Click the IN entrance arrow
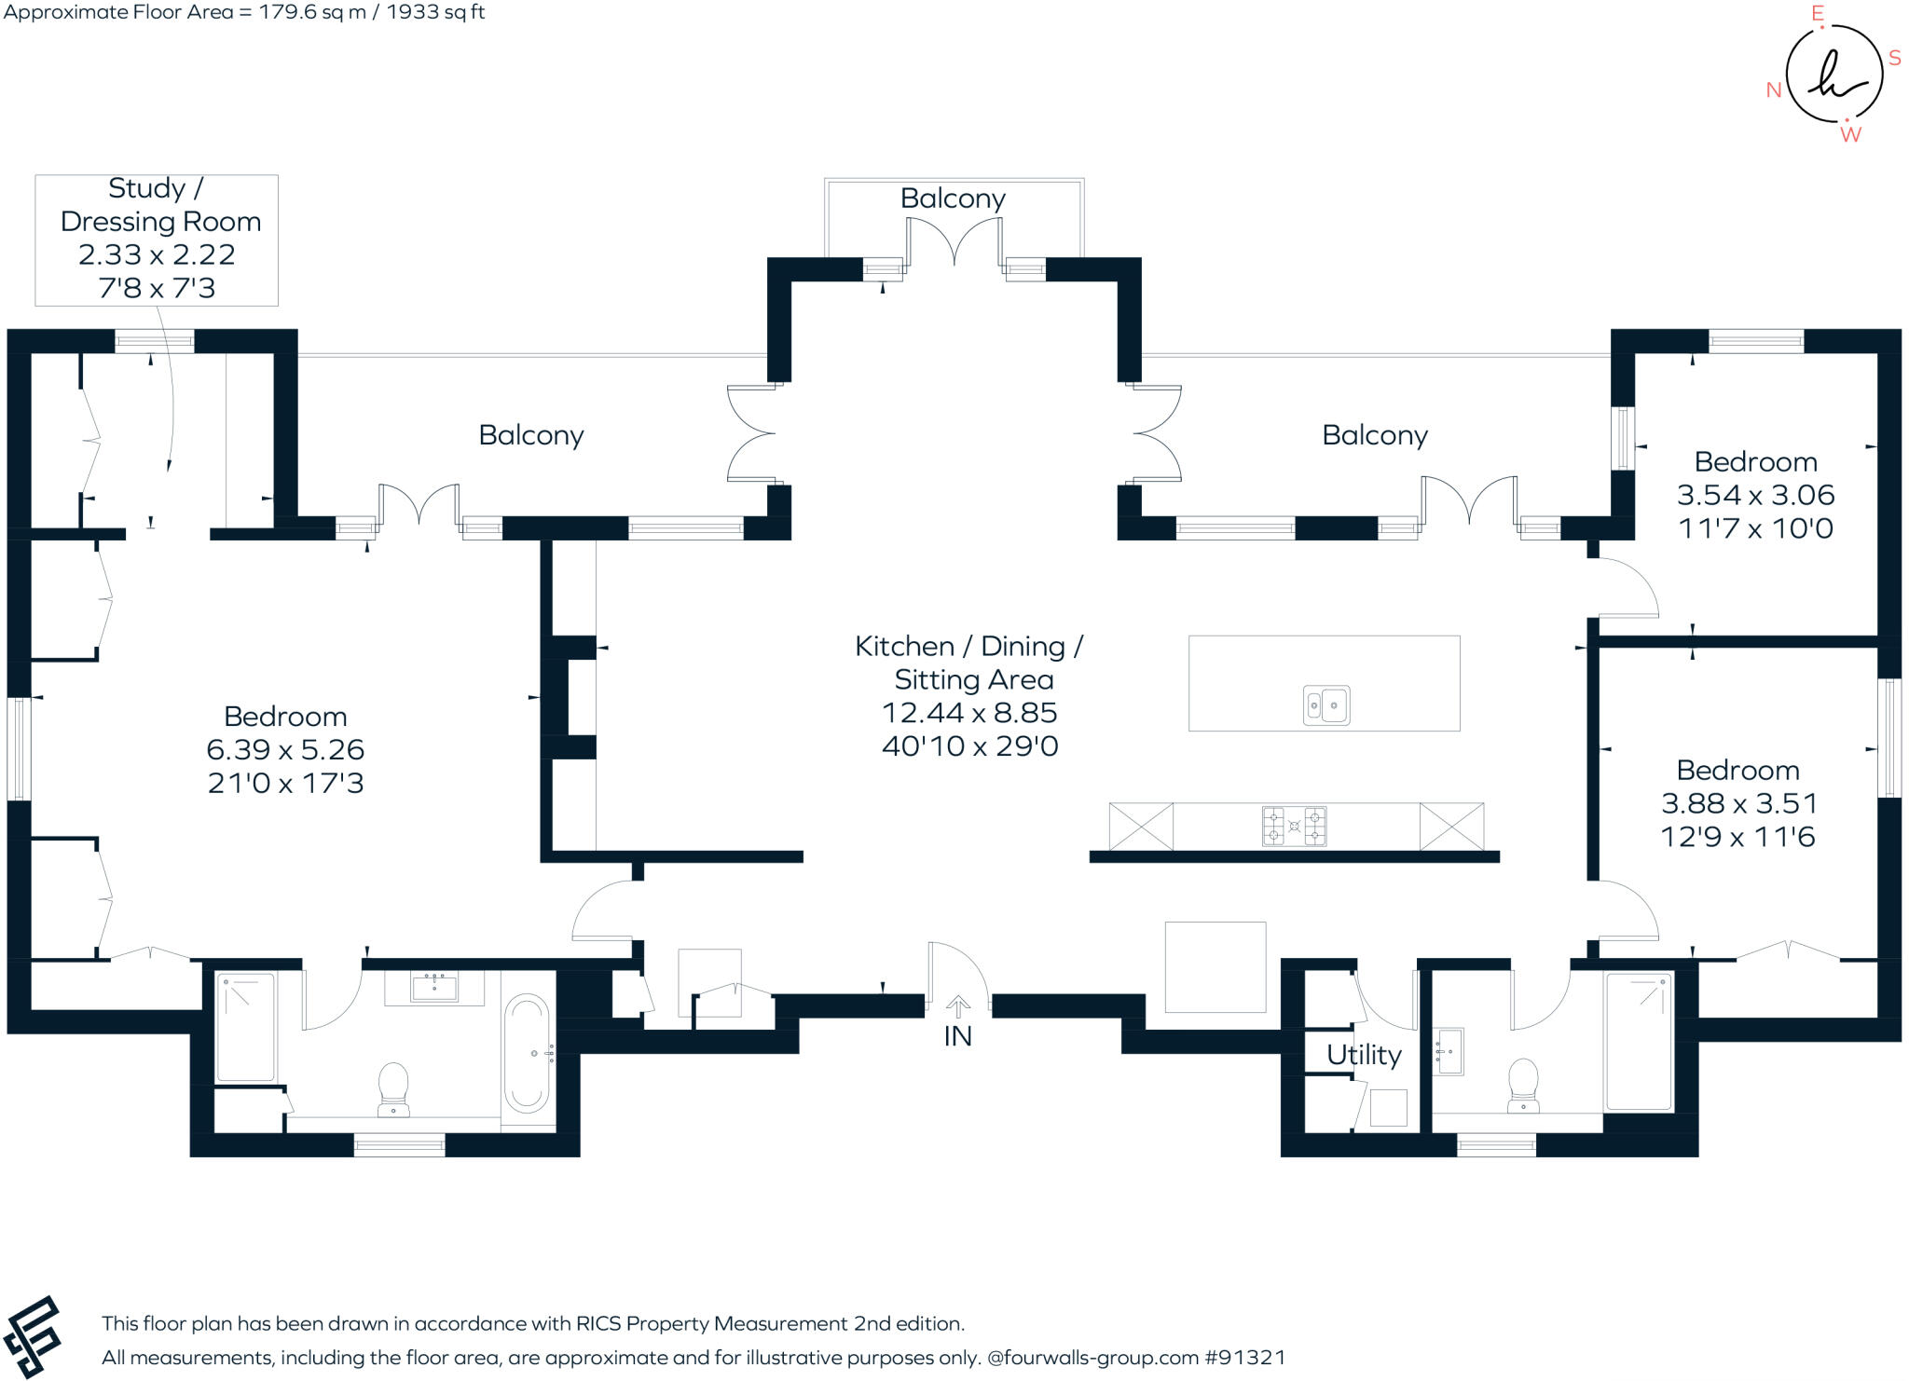coord(957,1005)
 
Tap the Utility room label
coord(1364,1054)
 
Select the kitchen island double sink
coord(1325,705)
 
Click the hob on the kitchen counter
coord(1294,826)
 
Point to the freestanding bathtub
coord(527,1053)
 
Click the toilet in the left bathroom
coord(393,1087)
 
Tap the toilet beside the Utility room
coord(1523,1082)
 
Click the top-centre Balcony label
coord(953,198)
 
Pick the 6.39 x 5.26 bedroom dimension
coord(285,749)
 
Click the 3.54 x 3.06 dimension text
coord(1755,495)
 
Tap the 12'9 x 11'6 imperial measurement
coord(1737,837)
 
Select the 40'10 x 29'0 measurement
coord(969,746)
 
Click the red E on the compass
coord(1817,14)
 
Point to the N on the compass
coord(1774,90)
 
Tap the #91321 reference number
coord(1245,1358)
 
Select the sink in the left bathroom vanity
coord(434,985)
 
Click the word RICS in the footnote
coord(597,1323)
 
